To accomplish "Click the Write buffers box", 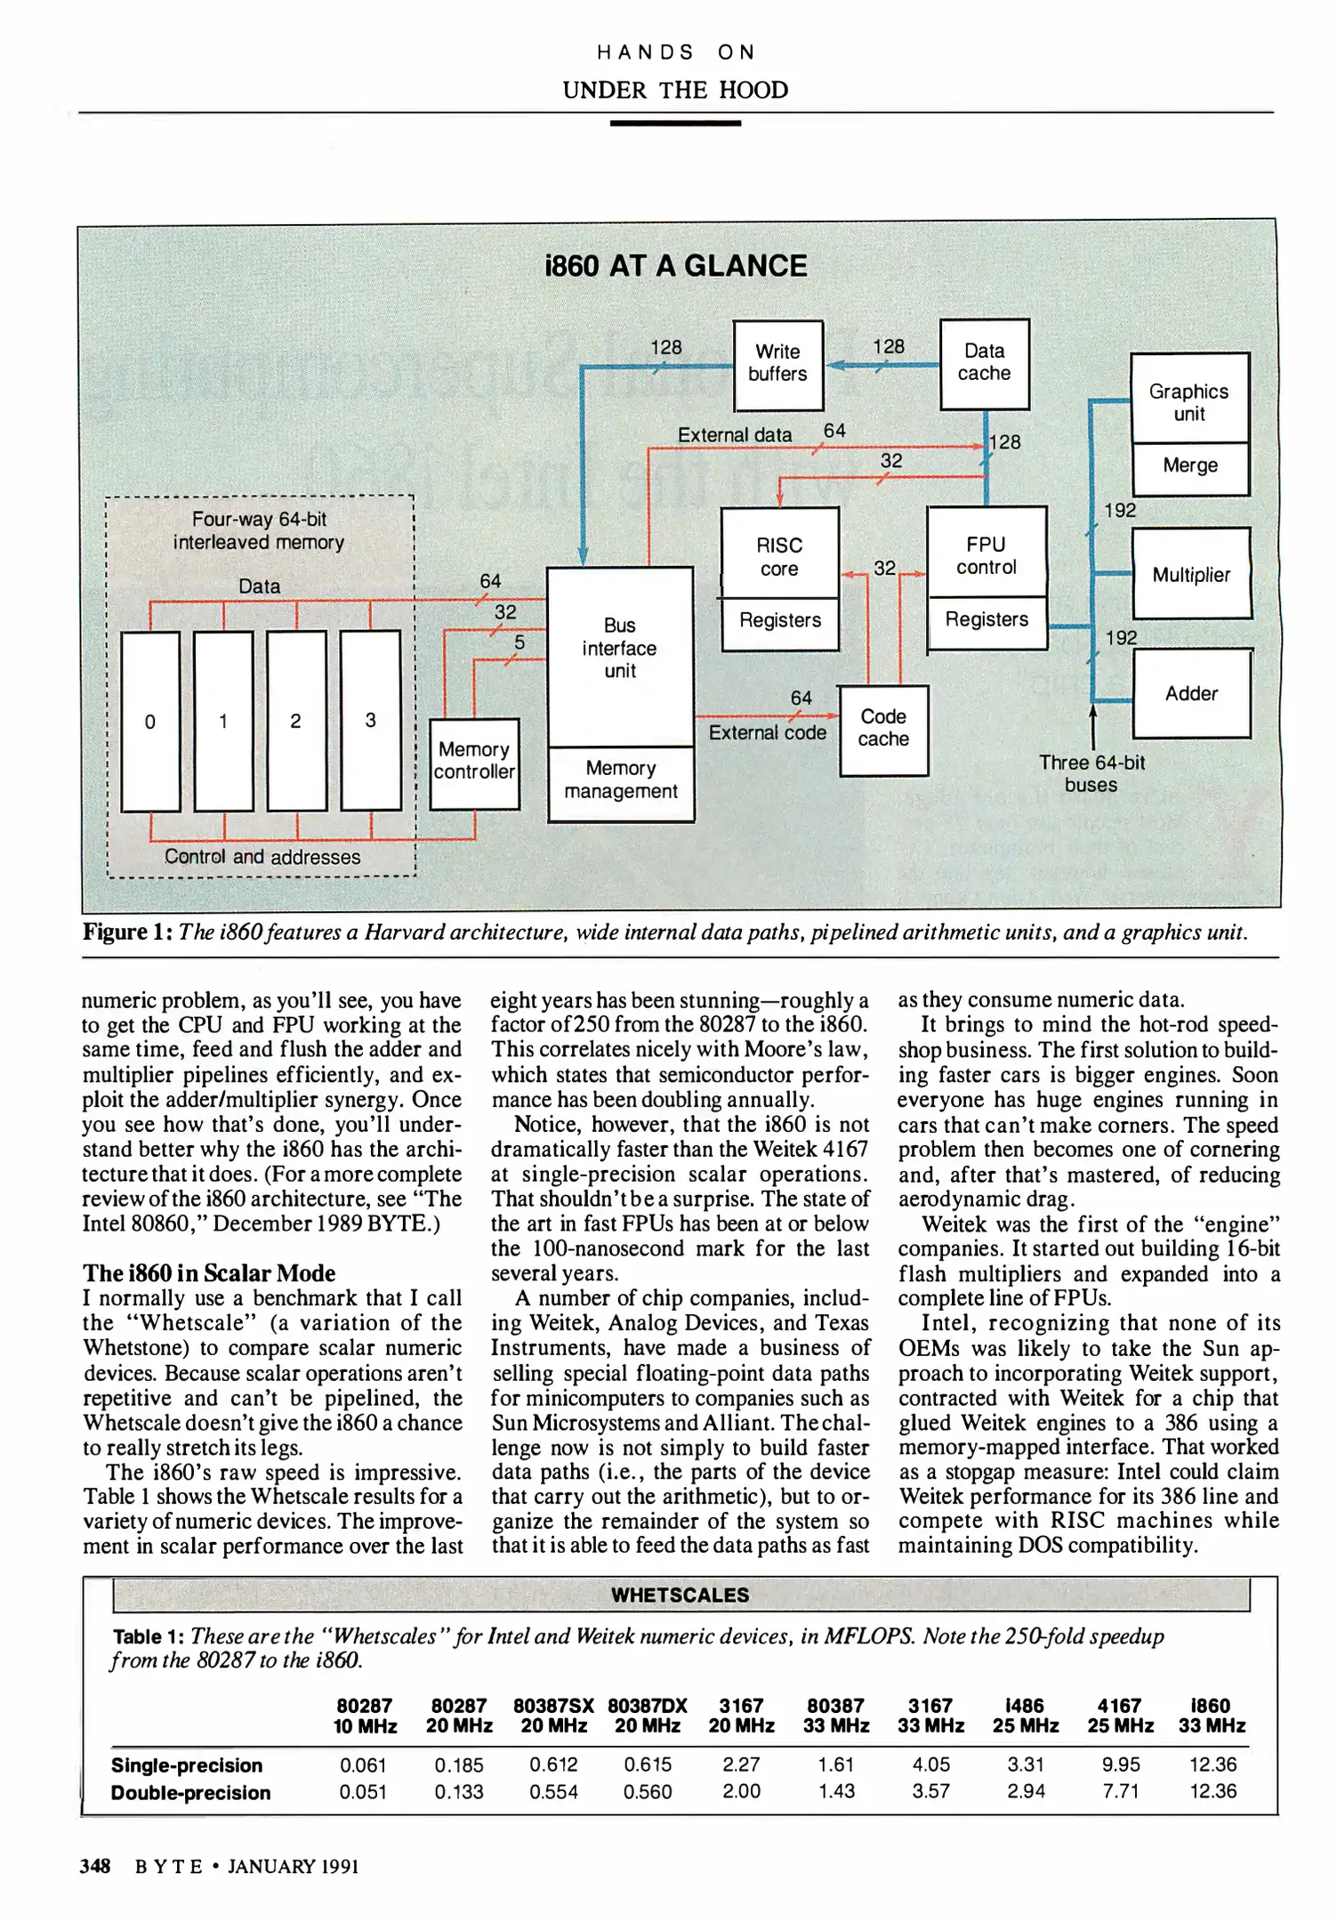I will pyautogui.click(x=777, y=365).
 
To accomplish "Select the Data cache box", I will pyautogui.click(x=984, y=364).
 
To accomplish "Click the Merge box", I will pyautogui.click(x=1189, y=467).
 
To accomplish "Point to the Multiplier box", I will pyautogui.click(x=1190, y=574).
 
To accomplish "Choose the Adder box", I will pyautogui.click(x=1191, y=693).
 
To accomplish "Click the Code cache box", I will pyautogui.click(x=883, y=729).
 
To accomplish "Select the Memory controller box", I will pyautogui.click(x=474, y=763).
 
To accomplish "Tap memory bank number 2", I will pyautogui.click(x=296, y=721).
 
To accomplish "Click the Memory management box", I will pyautogui.click(x=620, y=781).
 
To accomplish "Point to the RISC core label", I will pyautogui.click(x=779, y=556).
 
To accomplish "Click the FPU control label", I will pyautogui.click(x=986, y=555).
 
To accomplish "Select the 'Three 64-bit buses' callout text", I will pyautogui.click(x=1091, y=773).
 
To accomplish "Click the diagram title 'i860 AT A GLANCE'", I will pyautogui.click(x=675, y=266).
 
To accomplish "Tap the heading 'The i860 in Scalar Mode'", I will pyautogui.click(x=209, y=1272).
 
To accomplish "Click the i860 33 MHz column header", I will pyautogui.click(x=1212, y=1715).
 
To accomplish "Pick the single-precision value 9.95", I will pyautogui.click(x=1120, y=1764).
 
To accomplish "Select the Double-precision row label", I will pyautogui.click(x=190, y=1792).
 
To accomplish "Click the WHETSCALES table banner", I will pyautogui.click(x=681, y=1595).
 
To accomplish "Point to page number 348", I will pyautogui.click(x=94, y=1866).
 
